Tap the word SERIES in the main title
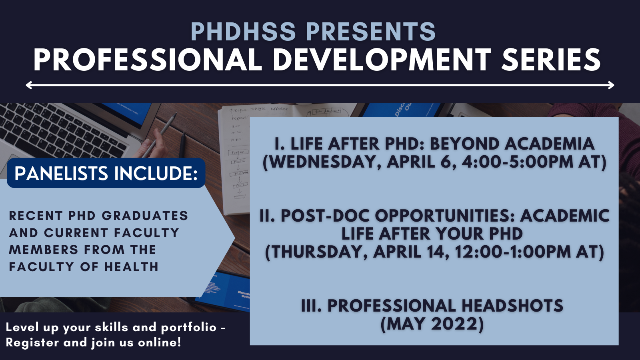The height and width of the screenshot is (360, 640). pyautogui.click(x=551, y=60)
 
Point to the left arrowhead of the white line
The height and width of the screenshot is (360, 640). pyautogui.click(x=28, y=85)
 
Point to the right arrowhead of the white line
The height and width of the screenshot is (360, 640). pyautogui.click(x=612, y=85)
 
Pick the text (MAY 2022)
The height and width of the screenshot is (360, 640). pyautogui.click(x=432, y=324)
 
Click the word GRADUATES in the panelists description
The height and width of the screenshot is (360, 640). pyautogui.click(x=145, y=216)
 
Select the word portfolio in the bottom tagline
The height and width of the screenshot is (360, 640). pyautogui.click(x=188, y=327)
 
